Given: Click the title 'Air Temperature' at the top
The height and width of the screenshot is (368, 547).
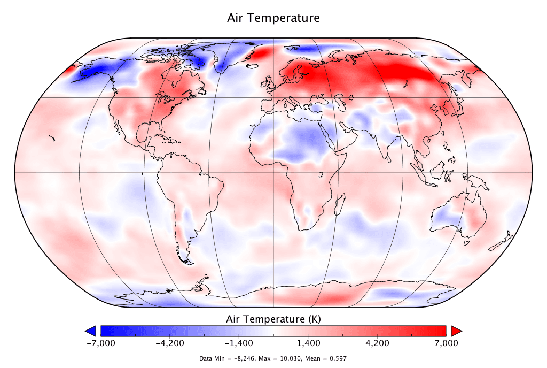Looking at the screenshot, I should coord(273,18).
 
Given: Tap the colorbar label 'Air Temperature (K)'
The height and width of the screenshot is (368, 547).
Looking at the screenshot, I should coord(273,319).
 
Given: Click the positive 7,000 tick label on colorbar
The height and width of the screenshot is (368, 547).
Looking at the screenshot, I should coord(446,343).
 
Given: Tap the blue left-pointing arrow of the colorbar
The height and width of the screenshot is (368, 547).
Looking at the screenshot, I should coord(91,331).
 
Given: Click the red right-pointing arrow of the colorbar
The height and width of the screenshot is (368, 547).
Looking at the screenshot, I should coord(456,331).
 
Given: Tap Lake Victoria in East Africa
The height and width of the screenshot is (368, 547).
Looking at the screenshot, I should coord(322,175).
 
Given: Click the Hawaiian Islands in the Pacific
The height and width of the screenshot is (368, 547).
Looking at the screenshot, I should coord(52,139).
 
